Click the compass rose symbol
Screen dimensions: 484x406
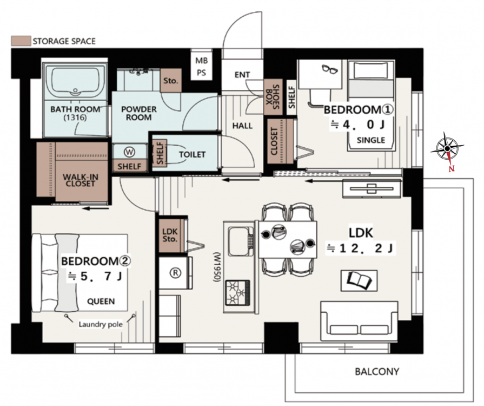click(x=447, y=149)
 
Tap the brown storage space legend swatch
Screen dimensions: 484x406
click(x=21, y=41)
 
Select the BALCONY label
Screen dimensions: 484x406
click(x=377, y=371)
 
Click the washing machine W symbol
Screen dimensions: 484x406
click(x=130, y=152)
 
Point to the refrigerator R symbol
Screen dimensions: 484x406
click(x=175, y=273)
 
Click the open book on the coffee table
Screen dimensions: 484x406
click(x=359, y=280)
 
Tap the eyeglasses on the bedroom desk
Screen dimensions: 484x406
click(x=330, y=69)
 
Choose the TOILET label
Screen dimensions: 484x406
click(x=193, y=154)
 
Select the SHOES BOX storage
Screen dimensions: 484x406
click(x=273, y=97)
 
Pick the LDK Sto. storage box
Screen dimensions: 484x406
click(x=170, y=235)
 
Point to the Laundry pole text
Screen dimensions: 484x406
click(x=101, y=324)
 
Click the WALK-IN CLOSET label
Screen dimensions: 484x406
click(x=80, y=180)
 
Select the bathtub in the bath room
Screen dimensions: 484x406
click(x=75, y=81)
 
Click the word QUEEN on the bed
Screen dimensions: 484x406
click(x=101, y=302)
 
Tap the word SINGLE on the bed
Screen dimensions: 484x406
click(x=371, y=140)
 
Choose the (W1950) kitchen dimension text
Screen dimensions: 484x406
click(x=217, y=267)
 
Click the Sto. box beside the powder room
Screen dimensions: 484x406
click(x=171, y=81)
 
